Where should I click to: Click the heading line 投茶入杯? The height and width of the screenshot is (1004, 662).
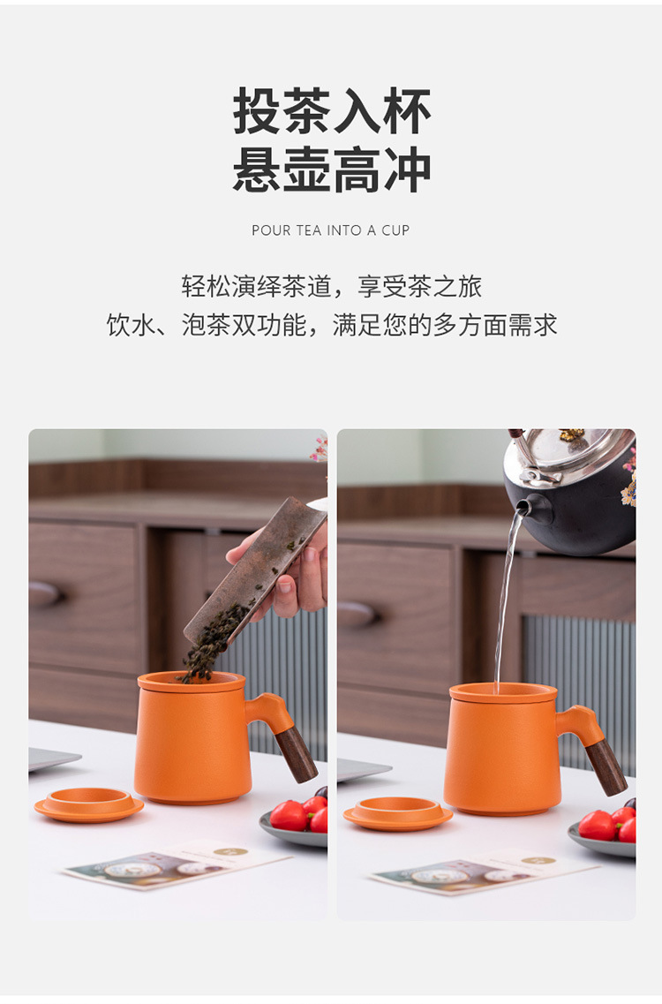point(332,111)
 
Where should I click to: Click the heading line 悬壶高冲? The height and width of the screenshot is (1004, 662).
point(332,170)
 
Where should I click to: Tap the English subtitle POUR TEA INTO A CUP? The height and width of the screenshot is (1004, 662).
point(331,230)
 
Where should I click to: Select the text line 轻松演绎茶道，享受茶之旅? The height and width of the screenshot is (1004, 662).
point(331,286)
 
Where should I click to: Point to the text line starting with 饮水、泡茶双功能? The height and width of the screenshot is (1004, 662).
point(331,325)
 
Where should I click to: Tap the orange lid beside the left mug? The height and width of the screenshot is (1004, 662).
point(89,804)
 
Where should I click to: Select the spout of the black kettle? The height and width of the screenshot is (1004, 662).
point(524,508)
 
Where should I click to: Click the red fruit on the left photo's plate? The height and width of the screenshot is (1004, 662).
point(289,815)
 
